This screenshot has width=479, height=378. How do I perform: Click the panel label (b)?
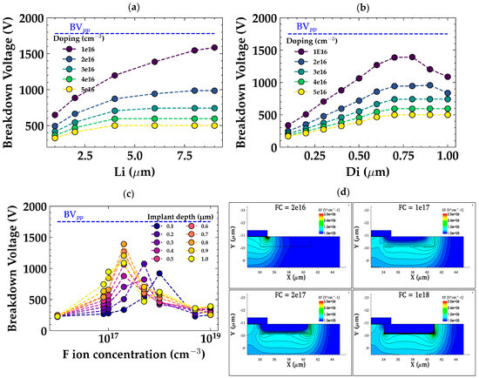point(359,7)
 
